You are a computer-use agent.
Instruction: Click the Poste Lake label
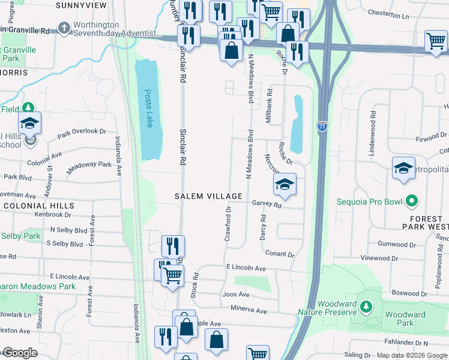point(148,109)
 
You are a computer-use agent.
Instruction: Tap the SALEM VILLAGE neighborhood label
point(209,196)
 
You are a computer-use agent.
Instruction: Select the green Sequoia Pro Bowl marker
point(411,201)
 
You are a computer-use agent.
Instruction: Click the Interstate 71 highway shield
point(322,127)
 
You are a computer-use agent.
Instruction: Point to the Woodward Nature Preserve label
point(328,308)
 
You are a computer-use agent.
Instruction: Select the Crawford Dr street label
point(228,224)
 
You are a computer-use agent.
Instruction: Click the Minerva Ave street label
point(249,311)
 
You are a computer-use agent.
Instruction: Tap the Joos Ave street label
point(235,295)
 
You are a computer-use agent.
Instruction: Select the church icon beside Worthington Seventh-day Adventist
point(64,28)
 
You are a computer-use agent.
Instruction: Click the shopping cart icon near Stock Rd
point(172,276)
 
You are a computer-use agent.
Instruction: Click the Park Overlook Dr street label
point(82,133)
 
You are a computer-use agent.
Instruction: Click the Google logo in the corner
point(19,353)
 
